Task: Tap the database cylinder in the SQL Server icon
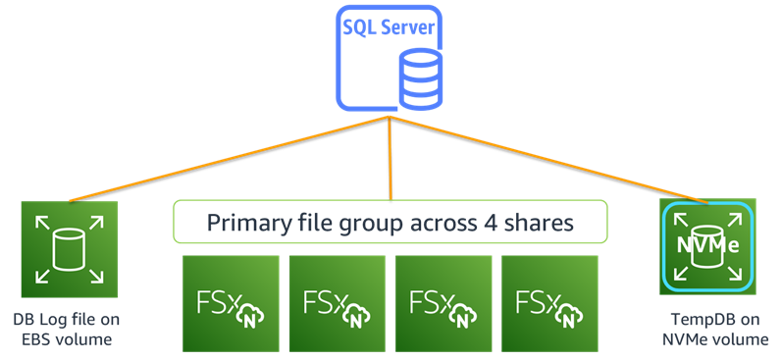[420, 78]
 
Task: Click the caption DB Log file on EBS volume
[67, 330]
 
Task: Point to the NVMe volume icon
[706, 247]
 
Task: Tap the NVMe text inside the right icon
[706, 244]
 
